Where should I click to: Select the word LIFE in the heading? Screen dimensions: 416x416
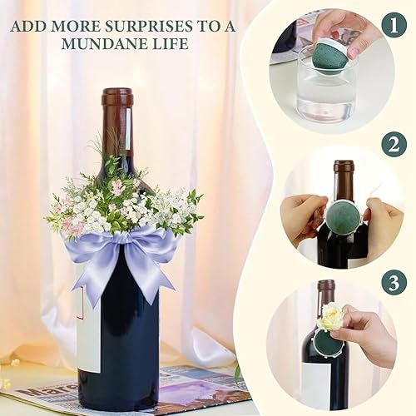pyautogui.click(x=173, y=43)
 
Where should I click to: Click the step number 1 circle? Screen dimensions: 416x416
pyautogui.click(x=394, y=26)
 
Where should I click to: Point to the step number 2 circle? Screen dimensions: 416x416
pyautogui.click(x=394, y=145)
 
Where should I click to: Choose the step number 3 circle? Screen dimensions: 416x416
pyautogui.click(x=394, y=283)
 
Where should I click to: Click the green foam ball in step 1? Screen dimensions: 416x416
pyautogui.click(x=328, y=59)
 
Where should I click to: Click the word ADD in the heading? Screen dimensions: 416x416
pyautogui.click(x=26, y=27)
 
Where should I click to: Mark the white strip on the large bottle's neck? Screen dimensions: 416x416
pyautogui.click(x=128, y=127)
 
